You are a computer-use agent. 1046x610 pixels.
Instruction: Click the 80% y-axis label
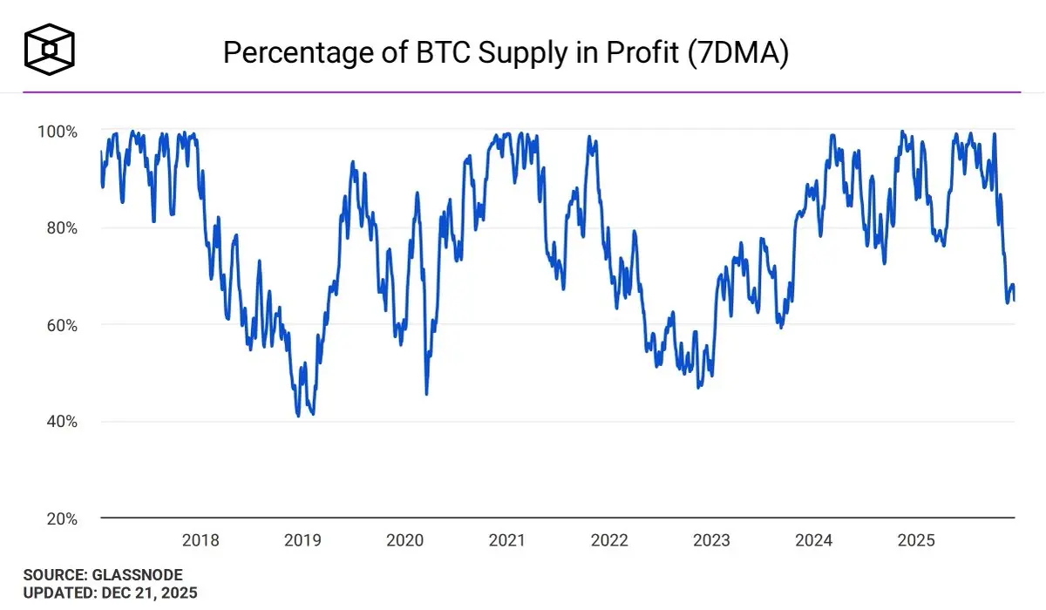pos(63,228)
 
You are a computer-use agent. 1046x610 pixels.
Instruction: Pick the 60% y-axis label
pos(63,325)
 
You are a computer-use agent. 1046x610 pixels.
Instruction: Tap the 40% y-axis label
pos(63,422)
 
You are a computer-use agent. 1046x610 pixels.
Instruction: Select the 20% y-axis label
pos(63,518)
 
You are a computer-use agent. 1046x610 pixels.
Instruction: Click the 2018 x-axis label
pos(200,540)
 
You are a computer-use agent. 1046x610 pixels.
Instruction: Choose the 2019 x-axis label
pos(302,540)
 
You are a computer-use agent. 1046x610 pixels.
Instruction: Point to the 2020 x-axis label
pos(404,540)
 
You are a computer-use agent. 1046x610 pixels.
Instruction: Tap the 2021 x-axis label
pos(506,540)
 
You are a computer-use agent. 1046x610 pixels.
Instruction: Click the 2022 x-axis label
pos(609,540)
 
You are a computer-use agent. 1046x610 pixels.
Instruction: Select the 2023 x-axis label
pos(711,540)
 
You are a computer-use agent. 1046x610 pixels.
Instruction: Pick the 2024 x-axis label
pos(813,540)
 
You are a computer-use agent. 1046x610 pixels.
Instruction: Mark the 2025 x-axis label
pos(915,540)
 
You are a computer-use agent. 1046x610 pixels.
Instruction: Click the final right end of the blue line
pos(1014,300)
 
